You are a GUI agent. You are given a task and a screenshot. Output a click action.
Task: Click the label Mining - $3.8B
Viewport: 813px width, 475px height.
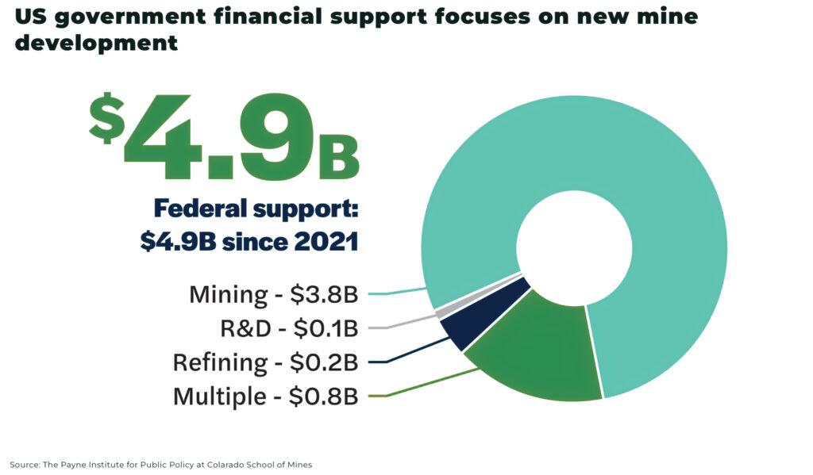click(x=273, y=294)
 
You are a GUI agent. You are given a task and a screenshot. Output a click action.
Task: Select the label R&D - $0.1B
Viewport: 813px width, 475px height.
click(x=289, y=328)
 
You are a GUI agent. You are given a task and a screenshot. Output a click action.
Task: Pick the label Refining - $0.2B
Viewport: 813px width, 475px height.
click(x=265, y=362)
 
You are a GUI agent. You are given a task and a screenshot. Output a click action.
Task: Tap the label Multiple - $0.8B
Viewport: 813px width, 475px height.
click(x=265, y=396)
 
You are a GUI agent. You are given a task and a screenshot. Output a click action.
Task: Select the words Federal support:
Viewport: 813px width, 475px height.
click(x=256, y=209)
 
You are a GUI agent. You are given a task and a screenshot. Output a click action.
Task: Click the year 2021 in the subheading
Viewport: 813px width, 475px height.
click(x=321, y=242)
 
